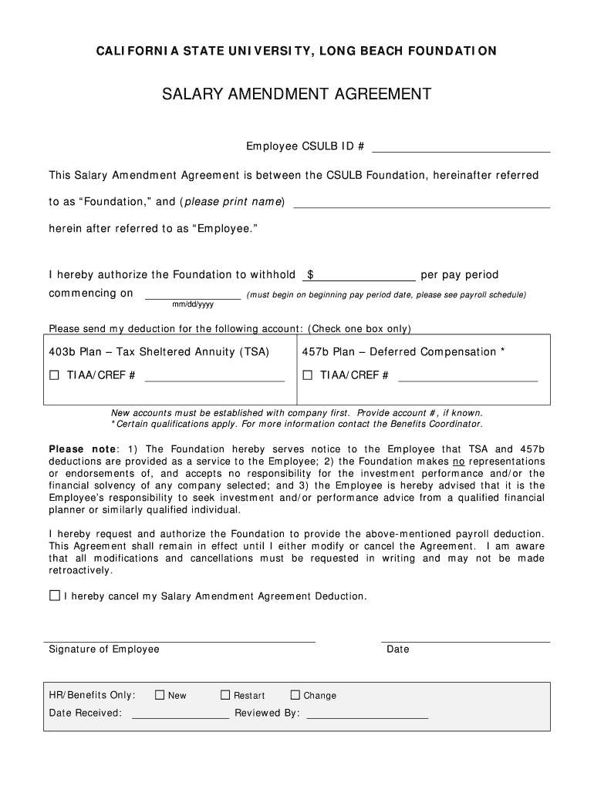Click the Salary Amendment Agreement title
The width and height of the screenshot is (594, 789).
tap(296, 94)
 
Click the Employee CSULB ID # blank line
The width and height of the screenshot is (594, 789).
tap(461, 147)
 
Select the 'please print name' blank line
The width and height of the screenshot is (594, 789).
tap(421, 203)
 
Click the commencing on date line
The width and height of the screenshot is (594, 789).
tap(193, 294)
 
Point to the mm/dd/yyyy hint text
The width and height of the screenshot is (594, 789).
tap(193, 304)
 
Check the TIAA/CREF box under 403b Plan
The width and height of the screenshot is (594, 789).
tap(54, 376)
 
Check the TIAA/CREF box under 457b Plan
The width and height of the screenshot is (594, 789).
tap(307, 376)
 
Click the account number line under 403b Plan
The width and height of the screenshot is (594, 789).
tap(214, 377)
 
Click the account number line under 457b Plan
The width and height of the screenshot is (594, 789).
tap(467, 377)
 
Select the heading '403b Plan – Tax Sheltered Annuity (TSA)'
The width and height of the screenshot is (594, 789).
tap(159, 352)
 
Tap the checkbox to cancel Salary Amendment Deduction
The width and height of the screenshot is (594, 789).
tap(54, 596)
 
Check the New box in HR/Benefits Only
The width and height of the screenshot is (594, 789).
tap(160, 695)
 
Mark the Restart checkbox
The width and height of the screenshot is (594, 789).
tap(225, 695)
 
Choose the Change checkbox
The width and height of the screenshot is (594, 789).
tap(295, 695)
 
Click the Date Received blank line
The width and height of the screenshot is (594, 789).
tap(181, 713)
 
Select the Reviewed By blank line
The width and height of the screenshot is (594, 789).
tap(367, 713)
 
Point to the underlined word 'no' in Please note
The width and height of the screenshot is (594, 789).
tap(457, 462)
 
